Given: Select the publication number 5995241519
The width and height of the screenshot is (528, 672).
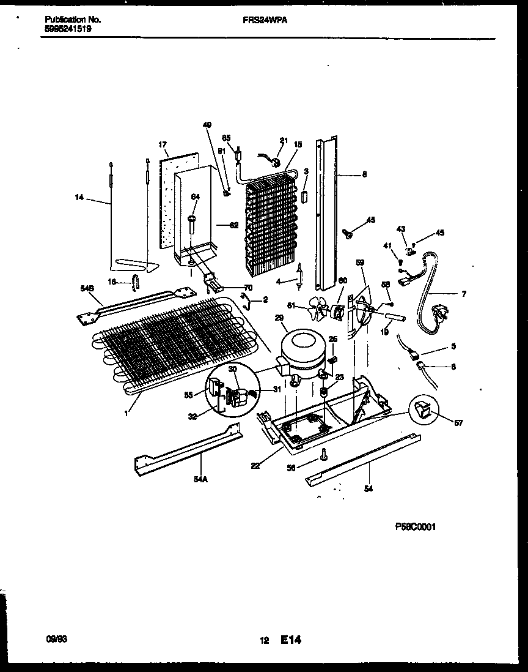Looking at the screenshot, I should click(x=68, y=28).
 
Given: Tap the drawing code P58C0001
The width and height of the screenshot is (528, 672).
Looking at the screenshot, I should click(x=415, y=526).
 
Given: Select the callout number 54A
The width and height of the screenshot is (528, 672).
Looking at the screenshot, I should click(x=199, y=481).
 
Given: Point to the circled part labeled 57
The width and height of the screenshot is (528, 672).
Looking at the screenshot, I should click(x=426, y=412).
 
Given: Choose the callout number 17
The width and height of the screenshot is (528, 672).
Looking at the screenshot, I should click(x=163, y=145).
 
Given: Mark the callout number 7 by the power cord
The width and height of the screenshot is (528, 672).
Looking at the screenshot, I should click(x=463, y=294).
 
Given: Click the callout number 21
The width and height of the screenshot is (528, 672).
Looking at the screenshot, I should click(x=283, y=141).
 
